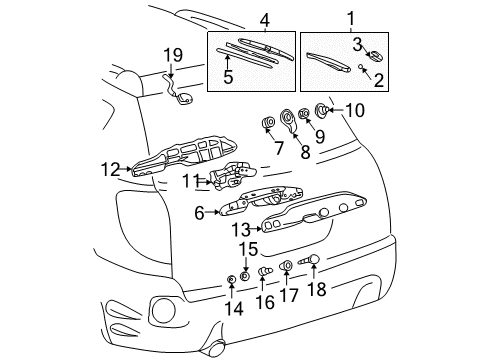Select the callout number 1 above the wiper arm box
point(349,18)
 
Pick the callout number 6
point(201,211)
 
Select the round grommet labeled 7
point(268,124)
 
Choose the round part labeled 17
point(286,266)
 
